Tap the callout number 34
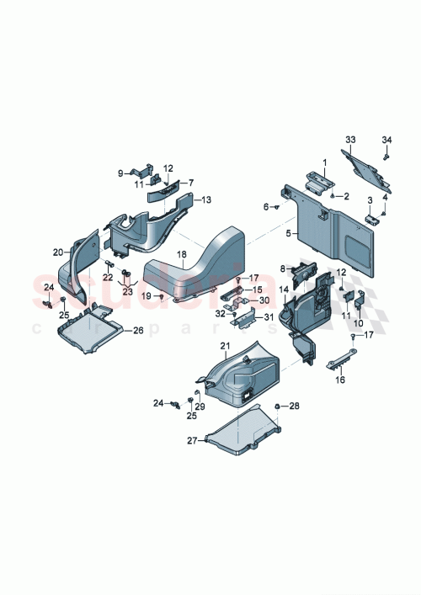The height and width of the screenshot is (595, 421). [386, 139]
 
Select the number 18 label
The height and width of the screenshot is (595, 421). [181, 253]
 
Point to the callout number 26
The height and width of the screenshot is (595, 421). [138, 331]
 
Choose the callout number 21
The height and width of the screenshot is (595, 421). [224, 347]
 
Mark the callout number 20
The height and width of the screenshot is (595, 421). [57, 252]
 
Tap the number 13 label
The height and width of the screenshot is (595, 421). [207, 199]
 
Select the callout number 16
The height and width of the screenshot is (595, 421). [340, 380]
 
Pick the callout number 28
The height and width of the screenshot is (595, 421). [294, 406]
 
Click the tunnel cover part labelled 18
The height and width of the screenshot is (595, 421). [202, 261]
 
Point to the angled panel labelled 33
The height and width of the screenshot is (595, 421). [366, 168]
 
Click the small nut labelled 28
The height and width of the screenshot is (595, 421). [277, 406]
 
